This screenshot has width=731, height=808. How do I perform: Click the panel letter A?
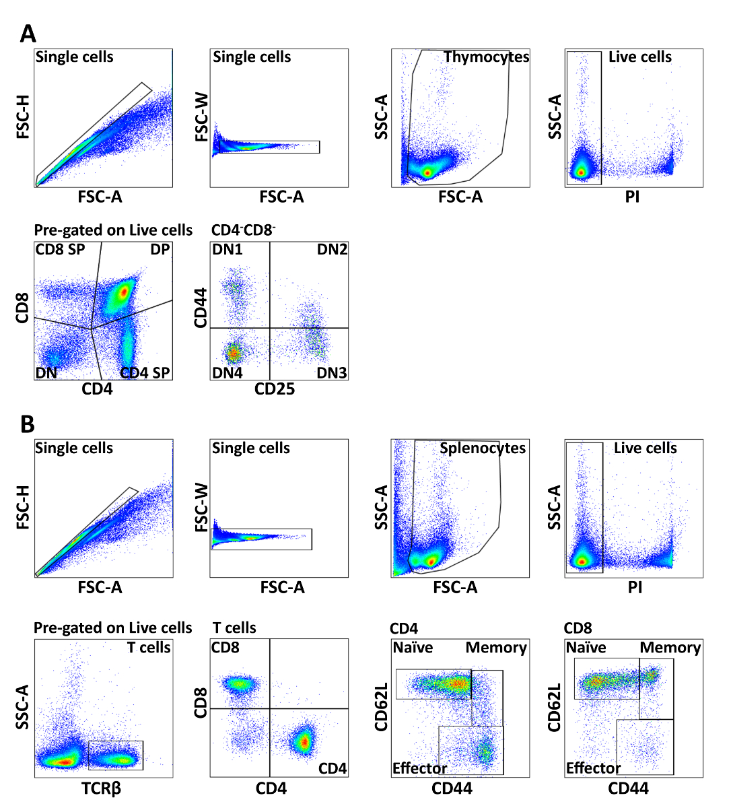pyautogui.click(x=28, y=34)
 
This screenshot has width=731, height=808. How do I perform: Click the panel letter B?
pyautogui.click(x=28, y=424)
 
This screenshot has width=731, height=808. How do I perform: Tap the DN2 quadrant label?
pyautogui.click(x=332, y=250)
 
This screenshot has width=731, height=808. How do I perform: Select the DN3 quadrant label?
pyautogui.click(x=332, y=372)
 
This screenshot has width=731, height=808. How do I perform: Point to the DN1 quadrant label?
pyautogui.click(x=227, y=250)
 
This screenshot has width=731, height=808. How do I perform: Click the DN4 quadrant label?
pyautogui.click(x=227, y=372)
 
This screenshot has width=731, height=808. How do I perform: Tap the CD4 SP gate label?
pyautogui.click(x=145, y=372)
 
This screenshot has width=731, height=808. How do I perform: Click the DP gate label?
pyautogui.click(x=160, y=250)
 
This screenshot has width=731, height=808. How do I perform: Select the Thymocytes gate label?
pyautogui.click(x=486, y=57)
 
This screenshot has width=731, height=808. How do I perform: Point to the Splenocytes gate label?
pyautogui.click(x=483, y=448)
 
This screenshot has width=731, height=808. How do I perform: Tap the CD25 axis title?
pyautogui.click(x=274, y=389)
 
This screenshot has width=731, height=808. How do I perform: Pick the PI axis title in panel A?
pyautogui.click(x=632, y=197)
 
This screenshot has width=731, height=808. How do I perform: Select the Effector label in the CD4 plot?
pyautogui.click(x=419, y=768)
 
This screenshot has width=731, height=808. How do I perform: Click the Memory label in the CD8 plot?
pyautogui.click(x=670, y=648)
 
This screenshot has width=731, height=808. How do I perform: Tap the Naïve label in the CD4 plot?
pyautogui.click(x=413, y=648)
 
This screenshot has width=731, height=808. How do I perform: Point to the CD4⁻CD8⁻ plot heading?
pyautogui.click(x=243, y=230)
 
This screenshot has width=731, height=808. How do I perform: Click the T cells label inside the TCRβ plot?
pyautogui.click(x=149, y=648)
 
